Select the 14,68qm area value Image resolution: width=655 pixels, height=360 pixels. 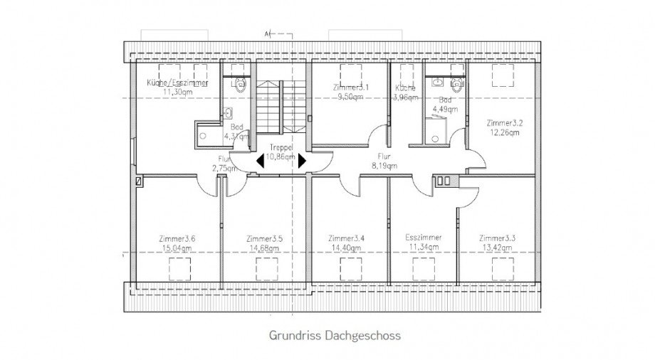pyautogui.click(x=265, y=248)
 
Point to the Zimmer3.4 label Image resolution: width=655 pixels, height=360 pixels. pyautogui.click(x=347, y=238)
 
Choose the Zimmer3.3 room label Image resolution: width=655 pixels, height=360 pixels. pyautogui.click(x=498, y=238)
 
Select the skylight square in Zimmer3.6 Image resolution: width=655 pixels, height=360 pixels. pyautogui.click(x=179, y=269)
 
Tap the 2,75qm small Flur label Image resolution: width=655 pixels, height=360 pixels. pyautogui.click(x=223, y=169)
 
